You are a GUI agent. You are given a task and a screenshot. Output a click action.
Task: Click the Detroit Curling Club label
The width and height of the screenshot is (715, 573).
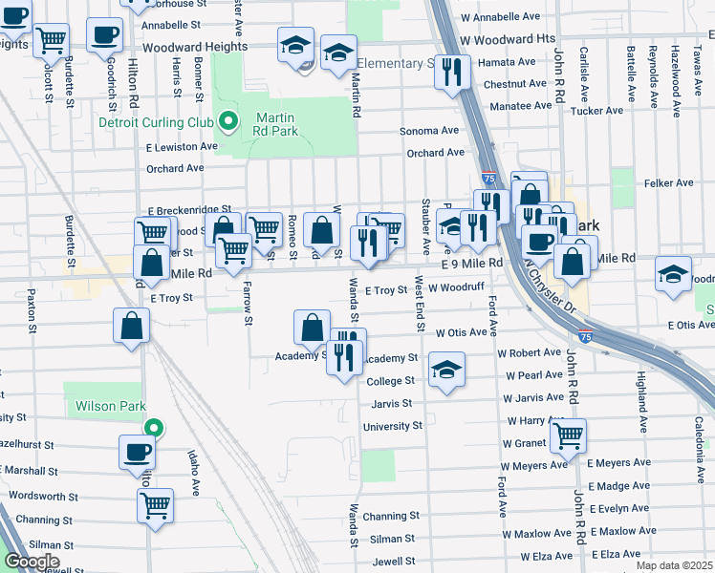[x=157, y=122]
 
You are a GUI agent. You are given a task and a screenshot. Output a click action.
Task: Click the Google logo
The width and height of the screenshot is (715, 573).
[x=31, y=562]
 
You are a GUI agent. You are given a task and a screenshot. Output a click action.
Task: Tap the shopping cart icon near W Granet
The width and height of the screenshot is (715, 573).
[x=568, y=435]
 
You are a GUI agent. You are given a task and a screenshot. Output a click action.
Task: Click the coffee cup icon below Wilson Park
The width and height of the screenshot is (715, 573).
[x=137, y=450]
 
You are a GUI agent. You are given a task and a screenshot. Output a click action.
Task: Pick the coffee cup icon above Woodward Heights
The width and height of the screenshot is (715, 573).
[x=104, y=34]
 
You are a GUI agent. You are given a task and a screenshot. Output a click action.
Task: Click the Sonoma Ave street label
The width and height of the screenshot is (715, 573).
[x=435, y=131]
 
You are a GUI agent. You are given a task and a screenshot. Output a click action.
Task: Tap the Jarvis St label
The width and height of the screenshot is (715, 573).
[x=392, y=404]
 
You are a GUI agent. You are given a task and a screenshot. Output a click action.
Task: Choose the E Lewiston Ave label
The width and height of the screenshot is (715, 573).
[x=182, y=147]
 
